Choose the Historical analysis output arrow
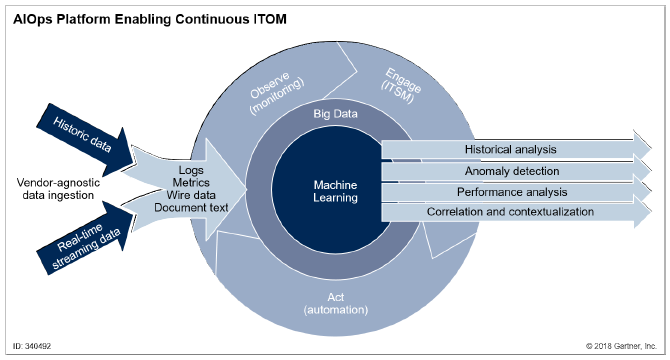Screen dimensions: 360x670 tap(510, 150)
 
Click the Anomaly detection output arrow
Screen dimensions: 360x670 tap(510, 171)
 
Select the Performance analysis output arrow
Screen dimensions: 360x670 tap(510, 191)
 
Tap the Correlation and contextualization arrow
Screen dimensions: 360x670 tap(510, 212)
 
